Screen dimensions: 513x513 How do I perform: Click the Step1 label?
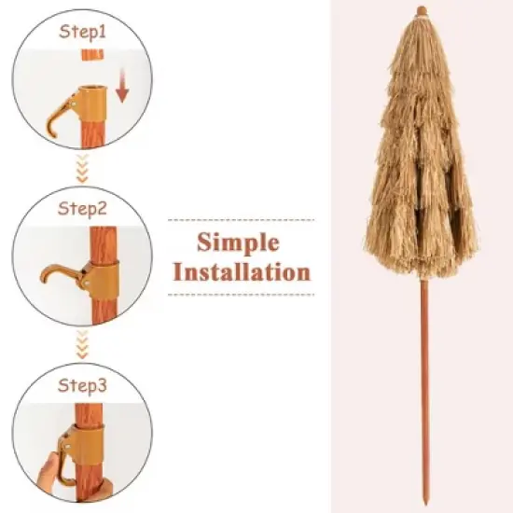click(84, 31)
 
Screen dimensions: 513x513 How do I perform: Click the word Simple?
click(238, 243)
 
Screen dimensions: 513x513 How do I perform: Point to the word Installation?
click(242, 272)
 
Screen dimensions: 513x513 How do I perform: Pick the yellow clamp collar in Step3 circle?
click(86, 444)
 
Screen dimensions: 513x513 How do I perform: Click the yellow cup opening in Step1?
click(91, 91)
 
